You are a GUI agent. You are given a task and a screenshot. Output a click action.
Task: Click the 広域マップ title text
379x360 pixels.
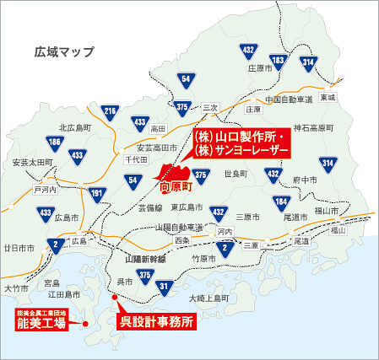[x=62, y=51]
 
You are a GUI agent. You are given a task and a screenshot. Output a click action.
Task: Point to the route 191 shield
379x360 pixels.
[x=97, y=194]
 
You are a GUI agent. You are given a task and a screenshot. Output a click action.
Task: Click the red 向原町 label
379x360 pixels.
[x=176, y=179]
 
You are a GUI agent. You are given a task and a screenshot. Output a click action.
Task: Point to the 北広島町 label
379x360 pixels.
[x=73, y=128]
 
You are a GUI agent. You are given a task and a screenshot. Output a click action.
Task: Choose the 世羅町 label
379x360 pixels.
[x=235, y=174]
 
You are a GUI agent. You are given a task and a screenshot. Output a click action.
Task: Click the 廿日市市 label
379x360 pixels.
[x=19, y=248]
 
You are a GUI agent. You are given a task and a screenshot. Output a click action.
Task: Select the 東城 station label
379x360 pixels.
[x=328, y=98]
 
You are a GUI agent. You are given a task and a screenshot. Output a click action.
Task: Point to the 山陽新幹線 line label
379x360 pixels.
[x=148, y=261]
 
